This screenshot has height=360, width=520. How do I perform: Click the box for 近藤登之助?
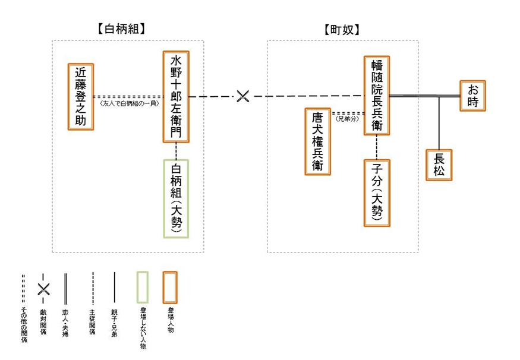(81, 96)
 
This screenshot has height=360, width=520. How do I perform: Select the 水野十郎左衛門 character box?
(176, 97)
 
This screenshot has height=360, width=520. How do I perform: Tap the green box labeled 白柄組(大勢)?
(176, 198)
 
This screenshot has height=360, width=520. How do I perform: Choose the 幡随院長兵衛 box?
(377, 95)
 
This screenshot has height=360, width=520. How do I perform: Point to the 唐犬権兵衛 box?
(317, 141)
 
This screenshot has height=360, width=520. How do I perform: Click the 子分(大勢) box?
(377, 192)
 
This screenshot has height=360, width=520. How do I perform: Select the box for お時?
(472, 96)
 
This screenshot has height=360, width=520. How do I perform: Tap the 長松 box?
(439, 165)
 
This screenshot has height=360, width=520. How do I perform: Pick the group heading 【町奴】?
(343, 29)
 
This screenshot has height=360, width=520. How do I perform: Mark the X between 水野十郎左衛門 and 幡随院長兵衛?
(242, 96)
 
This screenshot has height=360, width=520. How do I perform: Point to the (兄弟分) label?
(347, 119)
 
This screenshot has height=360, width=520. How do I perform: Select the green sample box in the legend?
(143, 288)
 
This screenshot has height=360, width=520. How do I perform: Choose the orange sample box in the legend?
(170, 288)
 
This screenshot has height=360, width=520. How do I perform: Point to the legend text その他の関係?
(23, 326)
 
